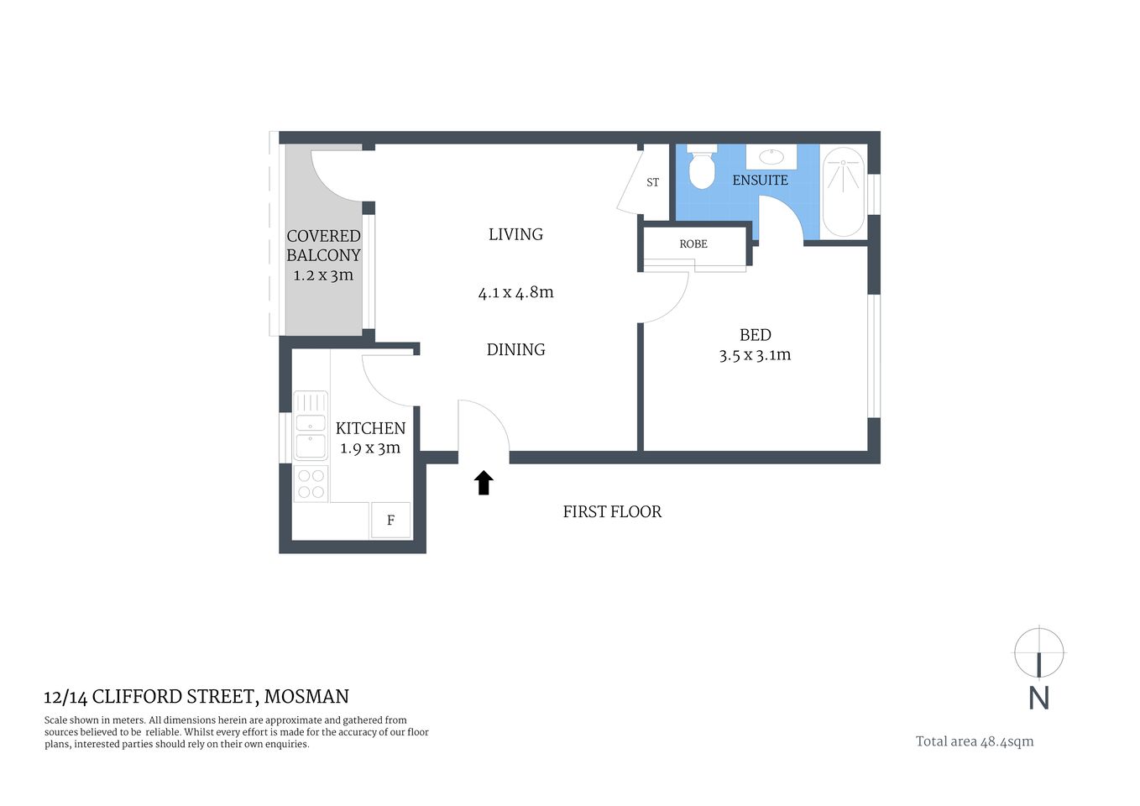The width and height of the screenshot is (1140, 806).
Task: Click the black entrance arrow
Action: pyautogui.click(x=484, y=483)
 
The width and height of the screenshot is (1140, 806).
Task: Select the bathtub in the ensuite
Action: pyautogui.click(x=843, y=192)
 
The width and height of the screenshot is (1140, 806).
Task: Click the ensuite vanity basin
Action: pyautogui.click(x=771, y=157)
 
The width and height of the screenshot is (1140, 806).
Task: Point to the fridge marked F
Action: pyautogui.click(x=390, y=521)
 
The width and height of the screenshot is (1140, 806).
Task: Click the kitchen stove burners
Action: pyautogui.click(x=311, y=484)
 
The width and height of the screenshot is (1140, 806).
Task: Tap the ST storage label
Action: pyautogui.click(x=652, y=182)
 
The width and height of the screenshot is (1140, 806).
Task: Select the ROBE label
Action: pyautogui.click(x=693, y=243)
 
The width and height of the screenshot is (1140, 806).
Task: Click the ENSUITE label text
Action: pyautogui.click(x=760, y=181)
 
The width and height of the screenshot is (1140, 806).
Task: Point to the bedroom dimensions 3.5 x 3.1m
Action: pyautogui.click(x=755, y=355)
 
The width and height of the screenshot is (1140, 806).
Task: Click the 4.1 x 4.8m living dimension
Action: pyautogui.click(x=515, y=293)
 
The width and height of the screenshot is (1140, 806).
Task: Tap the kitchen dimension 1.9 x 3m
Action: pyautogui.click(x=370, y=448)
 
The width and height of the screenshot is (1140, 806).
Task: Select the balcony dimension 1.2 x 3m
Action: pyautogui.click(x=323, y=275)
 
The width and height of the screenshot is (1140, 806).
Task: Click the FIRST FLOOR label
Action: pyautogui.click(x=612, y=511)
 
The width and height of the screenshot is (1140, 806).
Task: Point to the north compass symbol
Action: pyautogui.click(x=1039, y=653)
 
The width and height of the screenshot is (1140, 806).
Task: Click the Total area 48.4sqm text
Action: pyautogui.click(x=975, y=741)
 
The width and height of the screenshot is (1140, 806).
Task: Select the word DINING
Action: pyautogui.click(x=515, y=349)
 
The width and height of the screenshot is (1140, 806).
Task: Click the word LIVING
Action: pyautogui.click(x=515, y=234)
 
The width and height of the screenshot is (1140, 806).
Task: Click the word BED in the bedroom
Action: pyautogui.click(x=755, y=335)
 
